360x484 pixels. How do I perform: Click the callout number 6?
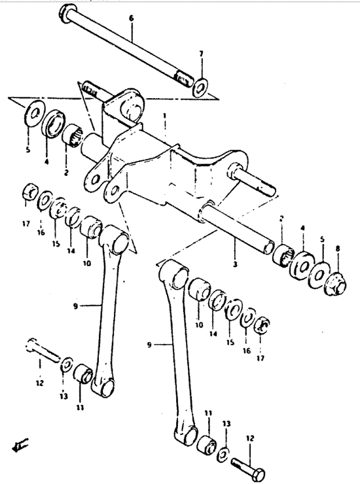(132, 18)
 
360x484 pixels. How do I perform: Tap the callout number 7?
(201, 54)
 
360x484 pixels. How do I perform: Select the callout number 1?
(165, 116)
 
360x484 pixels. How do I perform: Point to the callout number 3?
(235, 264)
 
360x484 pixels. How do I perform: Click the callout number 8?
(338, 248)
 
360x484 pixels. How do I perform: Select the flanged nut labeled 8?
(337, 284)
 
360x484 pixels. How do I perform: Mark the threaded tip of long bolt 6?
(183, 79)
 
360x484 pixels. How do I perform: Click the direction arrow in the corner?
(19, 446)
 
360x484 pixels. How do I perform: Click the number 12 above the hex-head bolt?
(250, 438)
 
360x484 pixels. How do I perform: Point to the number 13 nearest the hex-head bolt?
(226, 424)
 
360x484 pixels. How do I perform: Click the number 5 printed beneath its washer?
(28, 150)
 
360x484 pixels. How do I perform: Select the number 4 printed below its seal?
(47, 161)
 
